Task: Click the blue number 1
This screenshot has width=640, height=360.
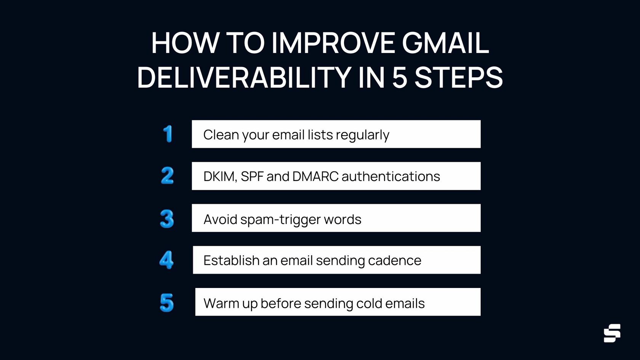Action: (168, 134)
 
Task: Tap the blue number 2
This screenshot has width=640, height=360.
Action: (167, 176)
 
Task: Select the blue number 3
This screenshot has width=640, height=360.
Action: (167, 219)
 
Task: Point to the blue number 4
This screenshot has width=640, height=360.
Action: (166, 260)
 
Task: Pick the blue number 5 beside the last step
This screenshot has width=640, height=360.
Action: (167, 302)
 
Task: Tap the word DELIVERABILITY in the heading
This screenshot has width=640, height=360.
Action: (244, 78)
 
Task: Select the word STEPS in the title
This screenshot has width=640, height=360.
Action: (458, 78)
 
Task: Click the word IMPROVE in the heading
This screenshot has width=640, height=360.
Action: (333, 43)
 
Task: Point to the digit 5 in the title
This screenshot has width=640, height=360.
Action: (400, 78)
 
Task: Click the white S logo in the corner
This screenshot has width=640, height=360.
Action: (612, 333)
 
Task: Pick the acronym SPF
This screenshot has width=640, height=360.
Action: (252, 177)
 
